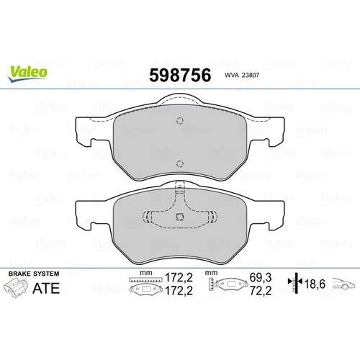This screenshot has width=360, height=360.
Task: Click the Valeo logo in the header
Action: (x=27, y=73)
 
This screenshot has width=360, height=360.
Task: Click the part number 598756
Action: (x=180, y=75)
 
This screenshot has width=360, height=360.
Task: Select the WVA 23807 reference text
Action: (x=242, y=75)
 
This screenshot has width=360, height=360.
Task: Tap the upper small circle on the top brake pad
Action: (x=180, y=120)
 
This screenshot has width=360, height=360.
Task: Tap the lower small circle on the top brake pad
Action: (x=180, y=163)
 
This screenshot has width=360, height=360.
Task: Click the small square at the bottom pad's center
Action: (x=180, y=217)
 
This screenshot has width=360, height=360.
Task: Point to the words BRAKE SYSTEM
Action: (x=34, y=274)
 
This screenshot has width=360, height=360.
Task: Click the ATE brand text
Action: (x=46, y=288)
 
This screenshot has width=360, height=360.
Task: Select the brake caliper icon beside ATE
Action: (x=16, y=288)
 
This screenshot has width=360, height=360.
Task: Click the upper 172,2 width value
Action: (x=179, y=278)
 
